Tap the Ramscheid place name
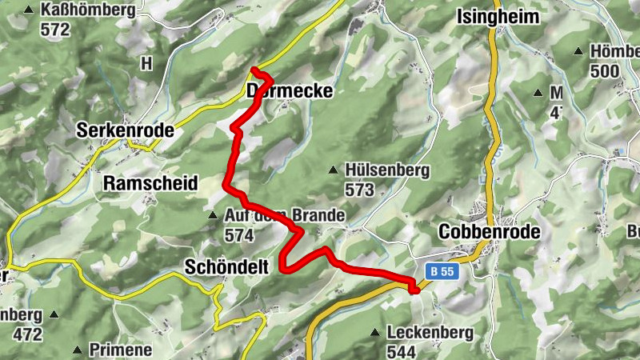[x=150, y=183]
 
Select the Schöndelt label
[x=226, y=266]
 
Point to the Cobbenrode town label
[x=490, y=231]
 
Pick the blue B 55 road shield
[x=440, y=271]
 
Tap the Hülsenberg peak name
[x=388, y=170]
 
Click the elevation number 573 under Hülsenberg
[x=360, y=190]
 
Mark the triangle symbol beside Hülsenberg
[x=334, y=170]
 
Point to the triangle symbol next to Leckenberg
[x=374, y=332]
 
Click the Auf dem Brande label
[x=284, y=216]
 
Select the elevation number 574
[x=238, y=235]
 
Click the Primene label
[x=121, y=350]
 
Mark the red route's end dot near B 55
[x=414, y=290]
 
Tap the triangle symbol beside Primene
[x=78, y=350]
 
